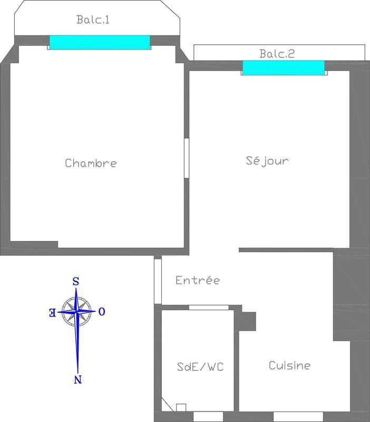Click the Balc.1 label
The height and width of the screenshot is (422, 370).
(x=93, y=20)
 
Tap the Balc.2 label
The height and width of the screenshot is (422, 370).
(x=277, y=53)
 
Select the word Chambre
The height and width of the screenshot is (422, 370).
(x=91, y=163)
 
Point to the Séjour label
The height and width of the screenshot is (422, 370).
(x=267, y=160)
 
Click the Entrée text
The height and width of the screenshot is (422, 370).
(x=197, y=280)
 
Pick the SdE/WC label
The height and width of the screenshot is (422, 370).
(x=200, y=366)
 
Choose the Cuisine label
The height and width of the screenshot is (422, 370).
(x=289, y=365)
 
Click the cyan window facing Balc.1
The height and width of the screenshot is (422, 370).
(x=100, y=42)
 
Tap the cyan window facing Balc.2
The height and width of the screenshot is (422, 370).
(x=284, y=68)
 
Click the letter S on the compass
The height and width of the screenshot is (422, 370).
(x=75, y=282)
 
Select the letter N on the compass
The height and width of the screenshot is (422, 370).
(x=78, y=379)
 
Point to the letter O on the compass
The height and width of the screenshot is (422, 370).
(x=102, y=312)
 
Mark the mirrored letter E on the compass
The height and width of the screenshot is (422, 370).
(x=52, y=312)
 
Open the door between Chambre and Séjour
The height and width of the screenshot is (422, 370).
(x=186, y=158)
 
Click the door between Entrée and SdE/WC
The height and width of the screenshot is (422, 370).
(x=209, y=308)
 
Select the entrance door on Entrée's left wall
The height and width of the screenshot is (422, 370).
(x=157, y=281)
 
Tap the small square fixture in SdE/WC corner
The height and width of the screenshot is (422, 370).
(x=181, y=407)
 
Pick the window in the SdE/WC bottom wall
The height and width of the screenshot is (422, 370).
(x=208, y=416)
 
